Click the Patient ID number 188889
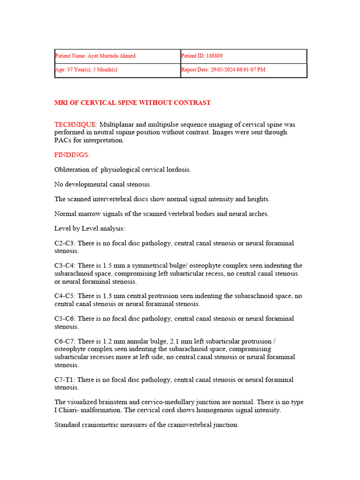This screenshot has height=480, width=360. [x=214, y=56]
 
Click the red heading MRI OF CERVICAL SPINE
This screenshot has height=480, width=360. [x=132, y=103]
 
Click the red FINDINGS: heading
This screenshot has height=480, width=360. [x=72, y=155]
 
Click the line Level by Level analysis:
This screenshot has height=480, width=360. [x=90, y=228]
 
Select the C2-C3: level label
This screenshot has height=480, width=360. [x=65, y=243]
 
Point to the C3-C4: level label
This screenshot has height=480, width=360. [x=65, y=266]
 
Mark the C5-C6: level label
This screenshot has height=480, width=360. [x=65, y=319]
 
